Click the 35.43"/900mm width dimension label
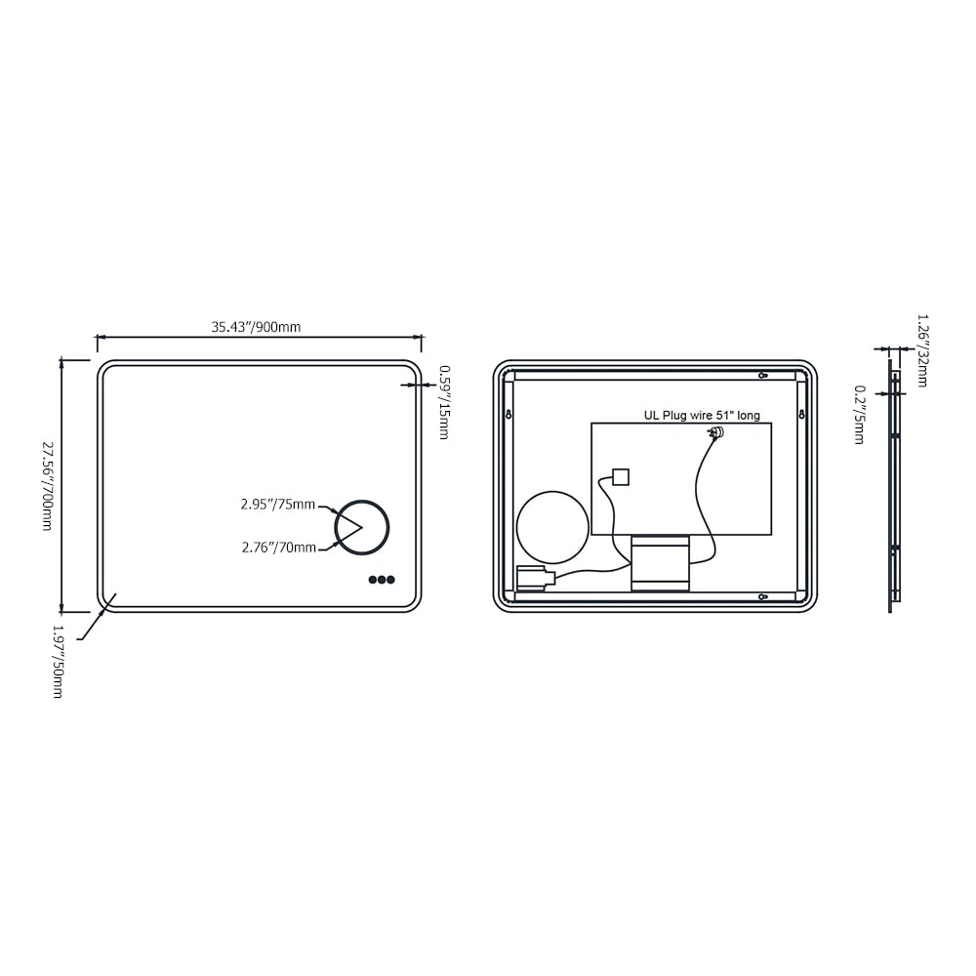[256, 327]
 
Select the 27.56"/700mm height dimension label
[47, 485]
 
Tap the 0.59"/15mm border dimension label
[444, 402]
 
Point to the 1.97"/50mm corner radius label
[58, 662]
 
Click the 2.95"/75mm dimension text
[278, 505]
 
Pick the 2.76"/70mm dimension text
[278, 548]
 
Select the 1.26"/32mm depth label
[922, 349]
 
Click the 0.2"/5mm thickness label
[859, 415]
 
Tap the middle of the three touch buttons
[382, 580]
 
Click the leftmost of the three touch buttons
[373, 580]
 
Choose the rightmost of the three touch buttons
[390, 580]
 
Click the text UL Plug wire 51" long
[701, 415]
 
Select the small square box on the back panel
[620, 477]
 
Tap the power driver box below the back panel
[660, 563]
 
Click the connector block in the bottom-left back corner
[533, 579]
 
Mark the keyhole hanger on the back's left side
[508, 415]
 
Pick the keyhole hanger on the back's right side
[801, 415]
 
